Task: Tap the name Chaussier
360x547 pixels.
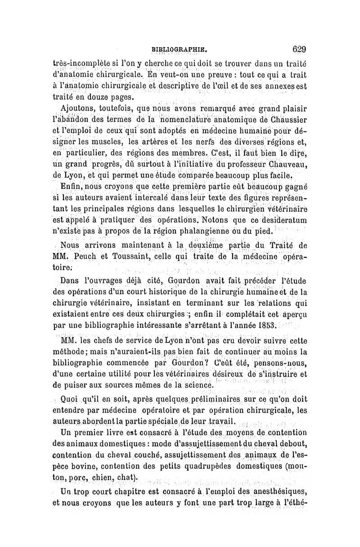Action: click(x=282, y=120)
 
